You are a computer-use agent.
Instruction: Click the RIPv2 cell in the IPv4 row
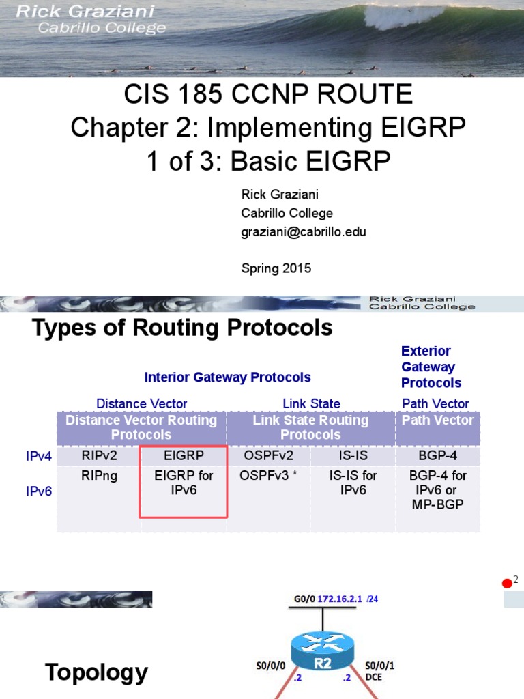coord(99,455)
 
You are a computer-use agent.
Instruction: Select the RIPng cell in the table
coord(99,476)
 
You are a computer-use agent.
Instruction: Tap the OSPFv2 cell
coord(268,455)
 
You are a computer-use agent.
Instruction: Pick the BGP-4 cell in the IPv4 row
coord(437,455)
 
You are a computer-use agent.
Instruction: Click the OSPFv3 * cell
coord(268,476)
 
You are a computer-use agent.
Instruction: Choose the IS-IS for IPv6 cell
coord(353,483)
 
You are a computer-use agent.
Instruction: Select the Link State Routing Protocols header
coord(310,427)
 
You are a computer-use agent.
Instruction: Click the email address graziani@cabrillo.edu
coord(304,231)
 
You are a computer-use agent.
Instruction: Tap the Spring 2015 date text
coord(276,268)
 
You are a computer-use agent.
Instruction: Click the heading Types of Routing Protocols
coord(182,328)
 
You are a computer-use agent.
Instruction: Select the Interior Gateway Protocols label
coord(227,377)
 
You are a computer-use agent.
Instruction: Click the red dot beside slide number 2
coord(507,583)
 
